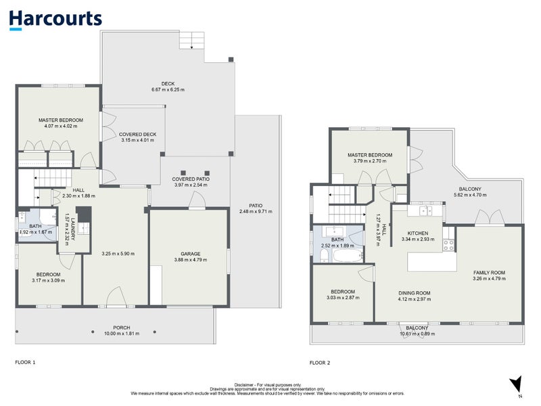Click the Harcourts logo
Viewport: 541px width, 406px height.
(55, 19)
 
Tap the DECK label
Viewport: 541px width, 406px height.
(168, 84)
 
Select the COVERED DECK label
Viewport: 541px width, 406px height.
(138, 135)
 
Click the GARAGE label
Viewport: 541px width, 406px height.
(190, 254)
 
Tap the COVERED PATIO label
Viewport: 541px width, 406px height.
(191, 179)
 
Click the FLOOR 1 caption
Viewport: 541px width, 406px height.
(25, 362)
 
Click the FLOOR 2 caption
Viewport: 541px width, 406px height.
(320, 363)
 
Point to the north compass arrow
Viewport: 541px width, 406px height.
(516, 384)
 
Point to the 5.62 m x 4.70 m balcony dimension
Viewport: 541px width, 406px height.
(470, 196)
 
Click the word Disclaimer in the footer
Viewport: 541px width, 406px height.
(247, 384)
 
